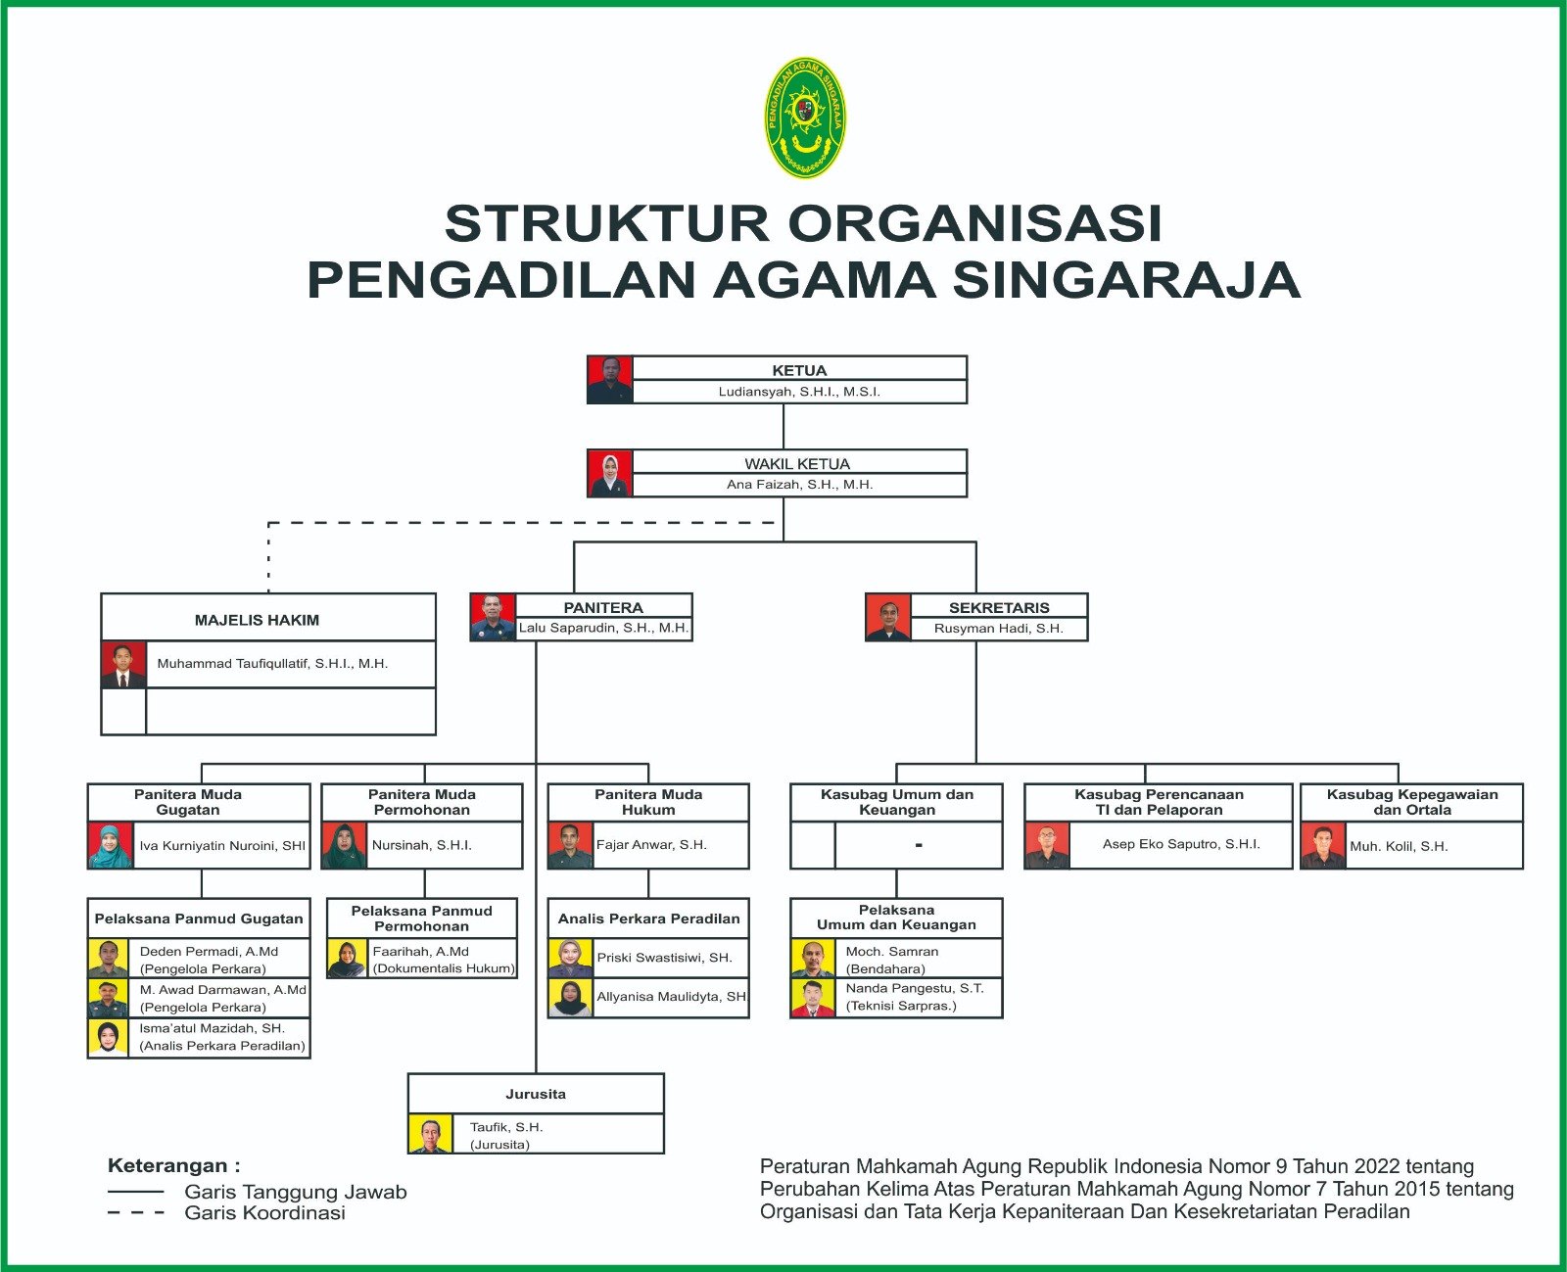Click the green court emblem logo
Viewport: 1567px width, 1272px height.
click(805, 118)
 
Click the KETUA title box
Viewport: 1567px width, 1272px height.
click(800, 368)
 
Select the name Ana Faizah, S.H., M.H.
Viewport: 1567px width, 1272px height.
click(800, 484)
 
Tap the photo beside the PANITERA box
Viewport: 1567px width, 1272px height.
click(493, 617)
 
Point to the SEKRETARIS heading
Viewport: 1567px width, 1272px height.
click(999, 608)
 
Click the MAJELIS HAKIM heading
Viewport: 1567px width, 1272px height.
click(257, 620)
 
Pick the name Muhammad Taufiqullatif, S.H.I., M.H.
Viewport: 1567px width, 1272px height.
click(272, 664)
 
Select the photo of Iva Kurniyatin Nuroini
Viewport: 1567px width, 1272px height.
click(111, 845)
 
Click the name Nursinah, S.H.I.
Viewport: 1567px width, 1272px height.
click(421, 845)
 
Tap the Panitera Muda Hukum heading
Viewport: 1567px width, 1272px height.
click(648, 802)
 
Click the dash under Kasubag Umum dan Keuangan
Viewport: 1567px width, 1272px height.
click(919, 845)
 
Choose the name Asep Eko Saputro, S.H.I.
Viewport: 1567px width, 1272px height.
click(1181, 844)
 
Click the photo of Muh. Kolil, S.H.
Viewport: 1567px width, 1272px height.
click(1323, 846)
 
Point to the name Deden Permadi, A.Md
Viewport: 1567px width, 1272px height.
click(209, 951)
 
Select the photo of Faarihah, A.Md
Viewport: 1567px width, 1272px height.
click(347, 959)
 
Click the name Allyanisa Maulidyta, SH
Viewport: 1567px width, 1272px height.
click(671, 997)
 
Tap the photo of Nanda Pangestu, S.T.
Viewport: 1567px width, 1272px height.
click(813, 998)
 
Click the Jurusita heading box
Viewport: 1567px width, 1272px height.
click(536, 1094)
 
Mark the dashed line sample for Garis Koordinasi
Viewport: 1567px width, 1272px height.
click(136, 1212)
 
